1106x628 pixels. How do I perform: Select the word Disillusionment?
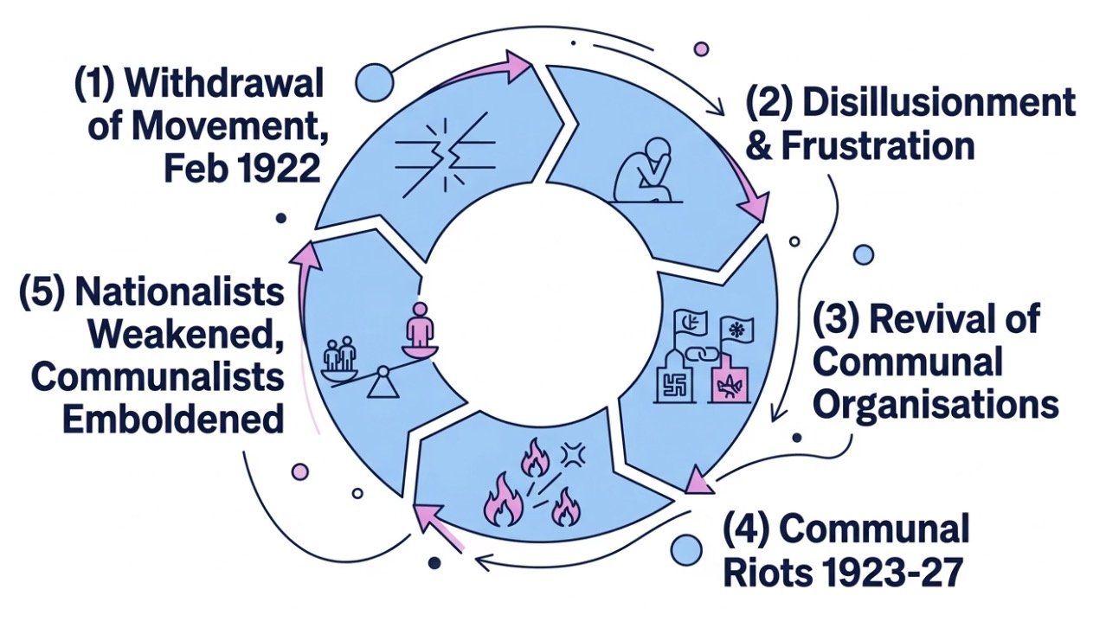click(x=938, y=104)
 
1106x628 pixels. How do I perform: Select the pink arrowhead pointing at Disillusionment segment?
click(x=754, y=205)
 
